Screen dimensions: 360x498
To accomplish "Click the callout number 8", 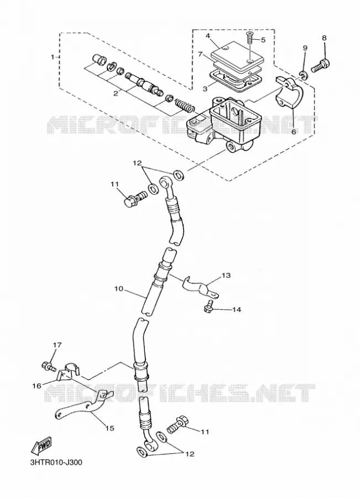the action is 324,38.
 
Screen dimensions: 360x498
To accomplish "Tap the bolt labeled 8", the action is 321,65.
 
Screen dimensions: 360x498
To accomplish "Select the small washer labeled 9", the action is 304,75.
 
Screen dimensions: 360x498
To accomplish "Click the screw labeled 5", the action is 250,40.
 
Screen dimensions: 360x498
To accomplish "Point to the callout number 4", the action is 208,36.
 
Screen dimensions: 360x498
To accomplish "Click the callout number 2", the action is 116,93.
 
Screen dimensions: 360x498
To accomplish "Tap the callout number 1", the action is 53,57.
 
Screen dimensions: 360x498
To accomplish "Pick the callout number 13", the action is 226,275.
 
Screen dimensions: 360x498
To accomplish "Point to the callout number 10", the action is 119,289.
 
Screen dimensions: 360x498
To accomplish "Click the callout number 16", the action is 36,386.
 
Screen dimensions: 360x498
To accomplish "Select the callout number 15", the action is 110,428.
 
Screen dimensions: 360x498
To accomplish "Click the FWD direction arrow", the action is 41,447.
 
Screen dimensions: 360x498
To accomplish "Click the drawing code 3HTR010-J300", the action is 56,462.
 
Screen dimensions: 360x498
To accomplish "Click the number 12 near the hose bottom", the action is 190,454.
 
